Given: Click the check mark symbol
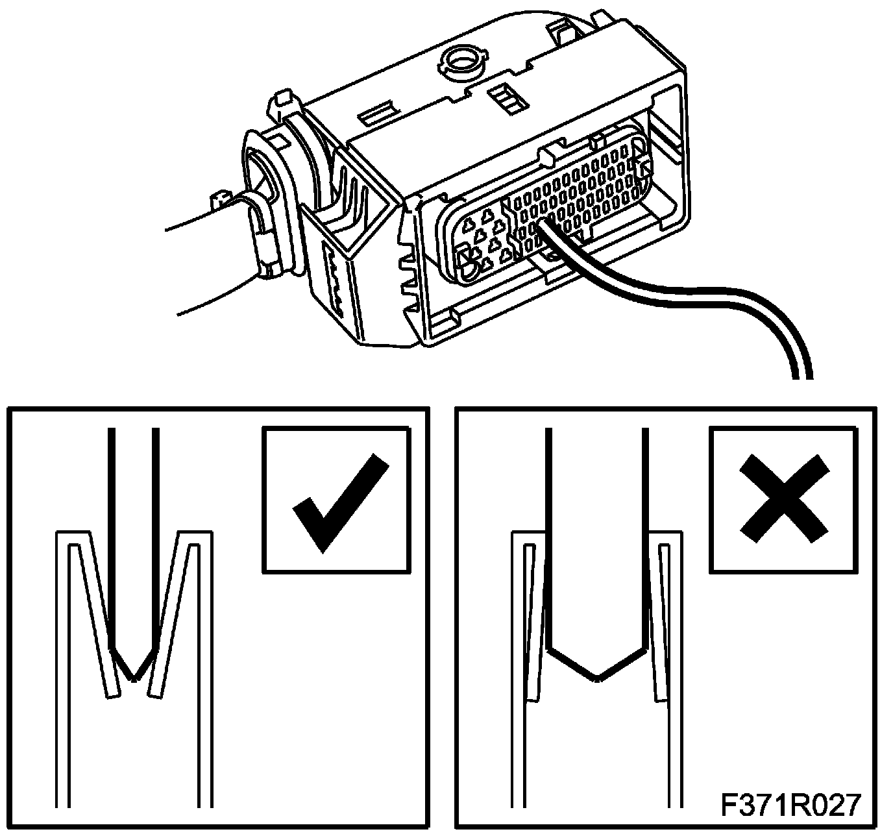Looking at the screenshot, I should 337,500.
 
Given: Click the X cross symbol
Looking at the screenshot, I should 785,498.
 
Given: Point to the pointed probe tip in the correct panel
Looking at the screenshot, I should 134,669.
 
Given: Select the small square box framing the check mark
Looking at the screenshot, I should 336,500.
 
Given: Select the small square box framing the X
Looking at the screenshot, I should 785,499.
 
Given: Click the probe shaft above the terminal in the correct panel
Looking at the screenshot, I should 134,519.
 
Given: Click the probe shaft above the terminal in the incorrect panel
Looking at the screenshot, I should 598,519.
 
